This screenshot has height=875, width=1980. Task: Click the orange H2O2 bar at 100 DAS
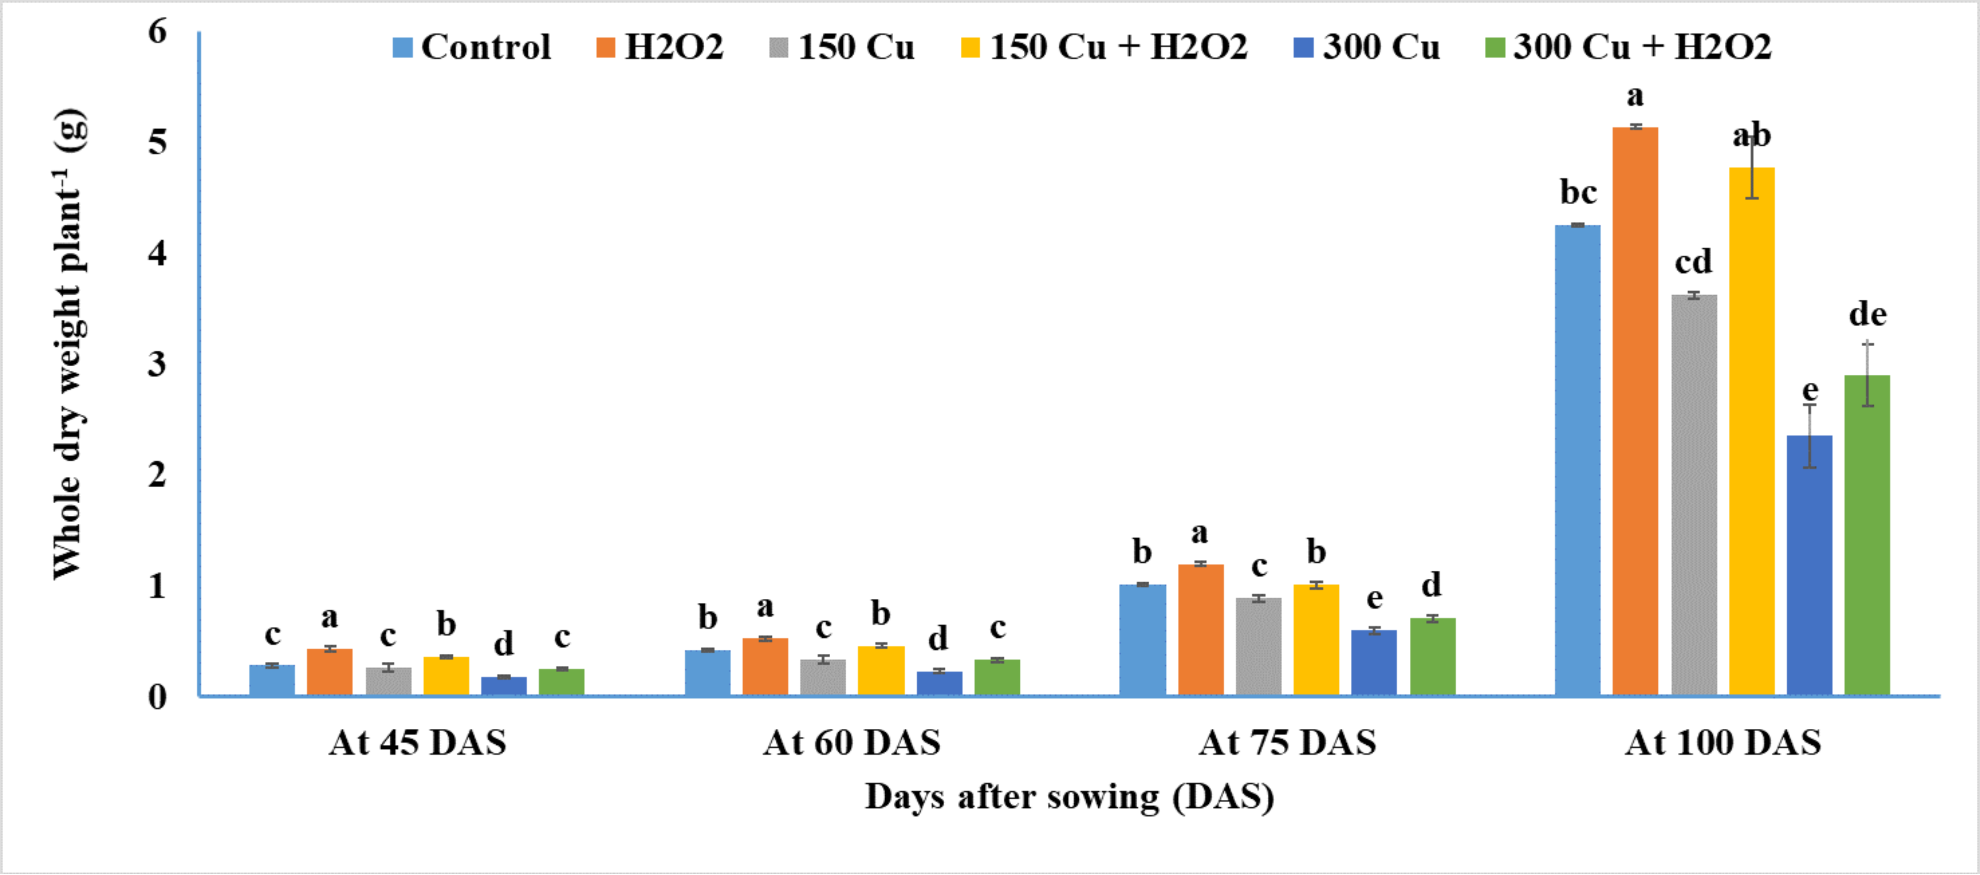pos(1635,411)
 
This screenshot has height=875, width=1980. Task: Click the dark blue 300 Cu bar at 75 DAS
pos(1374,662)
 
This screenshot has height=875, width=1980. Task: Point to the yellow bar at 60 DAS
pos(881,671)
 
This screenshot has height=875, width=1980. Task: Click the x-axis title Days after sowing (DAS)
pos(1069,797)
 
